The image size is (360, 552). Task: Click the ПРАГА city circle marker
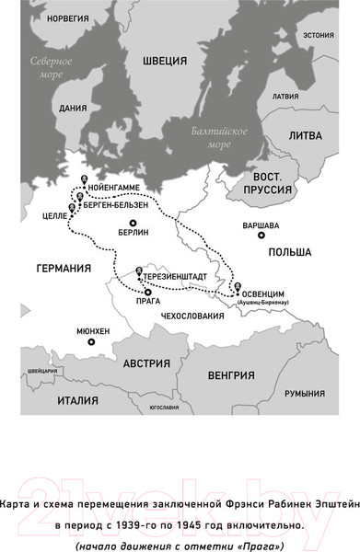(x=147, y=292)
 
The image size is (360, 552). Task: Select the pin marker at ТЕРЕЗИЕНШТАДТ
(x=139, y=270)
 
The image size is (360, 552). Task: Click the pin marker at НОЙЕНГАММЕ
(x=85, y=179)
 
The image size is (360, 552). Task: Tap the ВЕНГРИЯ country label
(x=230, y=375)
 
